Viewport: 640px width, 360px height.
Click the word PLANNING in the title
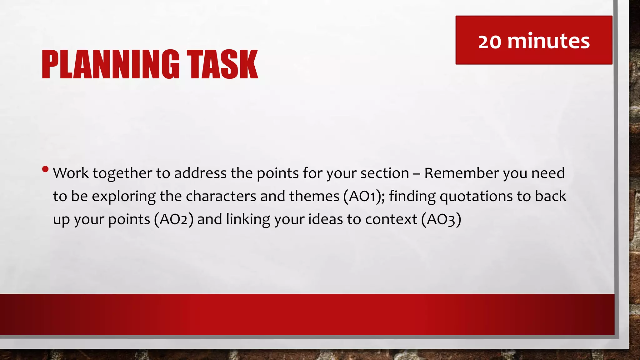point(111,64)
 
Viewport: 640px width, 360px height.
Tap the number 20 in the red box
point(490,42)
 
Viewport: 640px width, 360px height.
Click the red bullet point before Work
point(45,169)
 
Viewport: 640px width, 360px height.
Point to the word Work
point(71,173)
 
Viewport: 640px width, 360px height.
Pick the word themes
point(314,196)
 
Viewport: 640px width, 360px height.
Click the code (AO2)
point(173,219)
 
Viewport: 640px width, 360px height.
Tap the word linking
point(248,219)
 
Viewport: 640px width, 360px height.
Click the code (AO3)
point(441,220)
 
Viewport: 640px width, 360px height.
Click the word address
point(200,173)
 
